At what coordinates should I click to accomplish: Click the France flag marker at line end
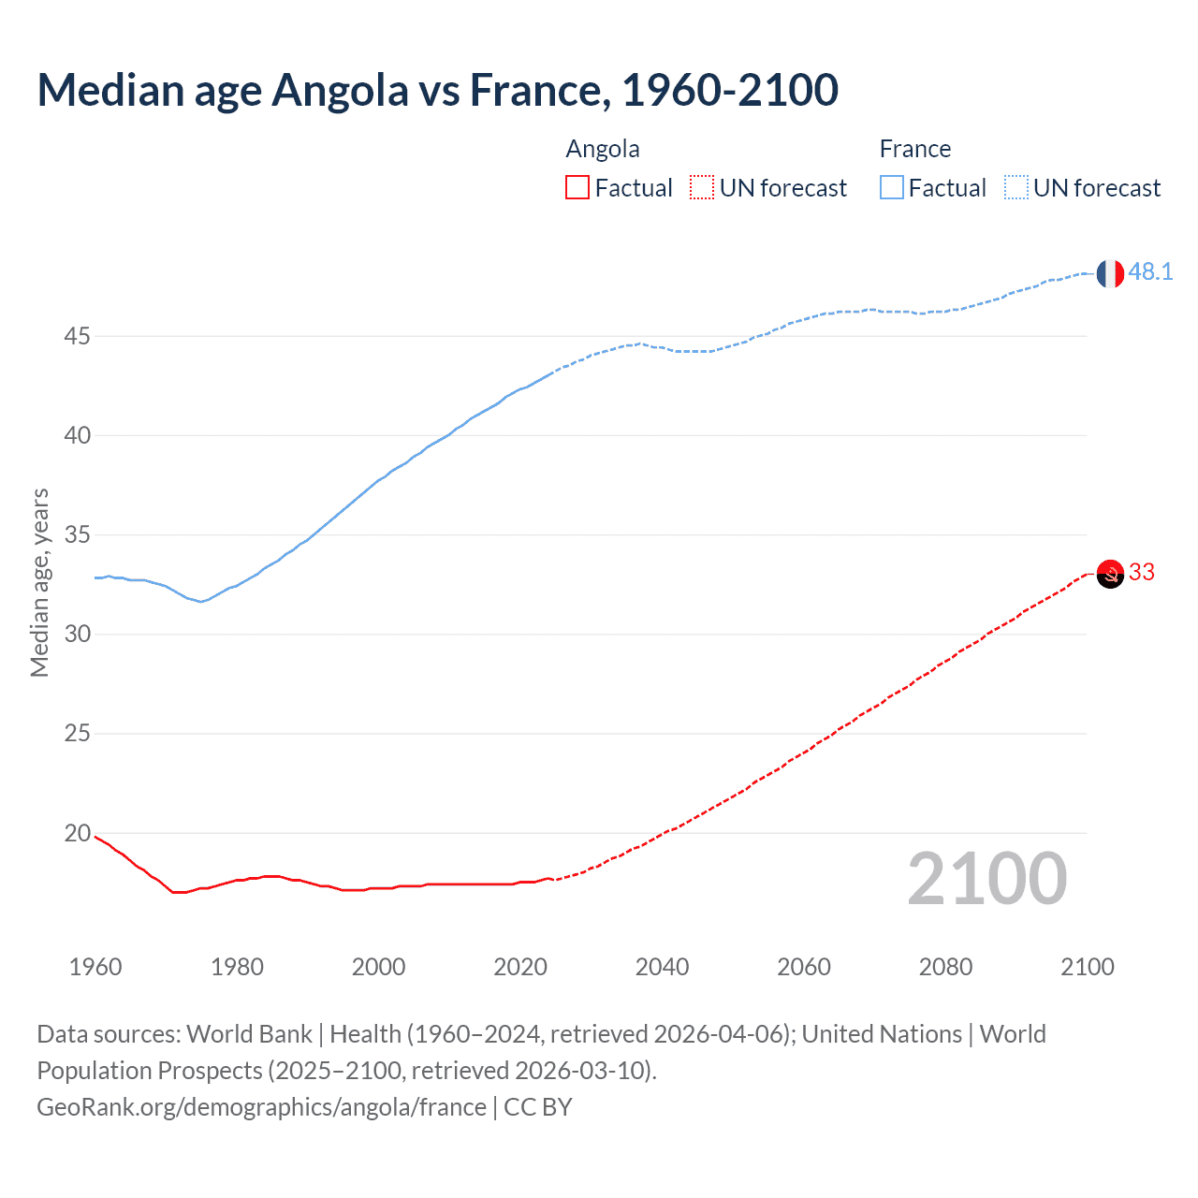[x=1109, y=273]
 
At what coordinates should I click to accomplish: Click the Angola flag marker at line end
[x=1109, y=574]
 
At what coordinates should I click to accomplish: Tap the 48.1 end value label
[x=1150, y=271]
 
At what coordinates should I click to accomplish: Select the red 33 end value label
[x=1142, y=572]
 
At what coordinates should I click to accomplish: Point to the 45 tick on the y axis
[x=77, y=336]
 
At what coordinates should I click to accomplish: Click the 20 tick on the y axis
[x=77, y=833]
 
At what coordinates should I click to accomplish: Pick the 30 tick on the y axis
[x=77, y=635]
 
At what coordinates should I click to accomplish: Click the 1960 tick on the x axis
[x=95, y=967]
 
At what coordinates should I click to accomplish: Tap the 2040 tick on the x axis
[x=662, y=967]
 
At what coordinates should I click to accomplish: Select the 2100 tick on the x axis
[x=1087, y=967]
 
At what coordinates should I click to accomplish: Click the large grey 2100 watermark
[x=986, y=879]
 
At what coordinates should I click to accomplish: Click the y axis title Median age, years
[x=39, y=582]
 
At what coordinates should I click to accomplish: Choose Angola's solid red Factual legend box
[x=577, y=188]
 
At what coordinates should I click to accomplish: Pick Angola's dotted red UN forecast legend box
[x=702, y=188]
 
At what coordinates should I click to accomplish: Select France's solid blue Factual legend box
[x=892, y=188]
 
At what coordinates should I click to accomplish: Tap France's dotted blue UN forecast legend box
[x=1016, y=188]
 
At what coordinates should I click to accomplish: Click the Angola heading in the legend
[x=603, y=149]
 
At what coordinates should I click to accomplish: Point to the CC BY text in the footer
[x=537, y=1107]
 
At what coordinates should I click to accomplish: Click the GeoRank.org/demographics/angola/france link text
[x=261, y=1107]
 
